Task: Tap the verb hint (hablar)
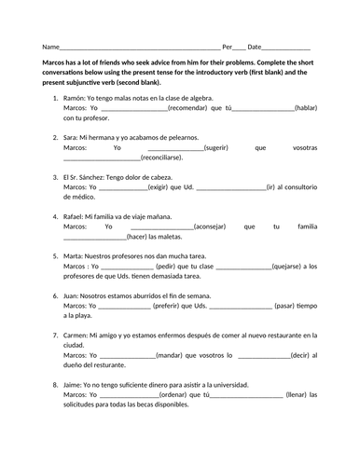tap(305, 107)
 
